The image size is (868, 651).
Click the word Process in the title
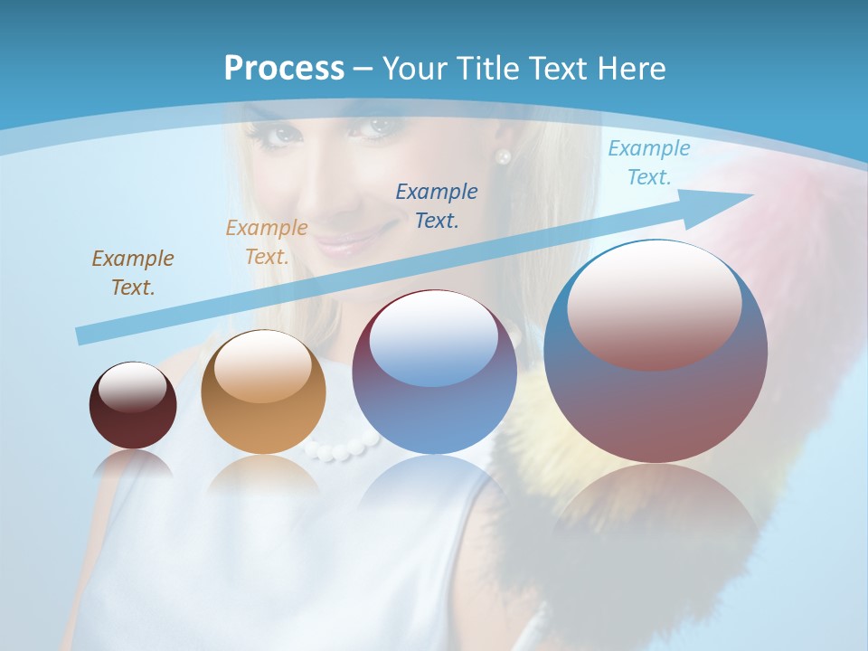[284, 69]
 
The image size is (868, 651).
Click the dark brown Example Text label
[133, 273]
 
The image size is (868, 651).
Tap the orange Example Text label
[267, 242]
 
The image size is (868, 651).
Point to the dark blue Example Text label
[437, 205]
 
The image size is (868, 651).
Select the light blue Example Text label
[648, 163]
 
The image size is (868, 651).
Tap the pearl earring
[504, 156]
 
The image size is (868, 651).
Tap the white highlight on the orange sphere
[262, 367]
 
